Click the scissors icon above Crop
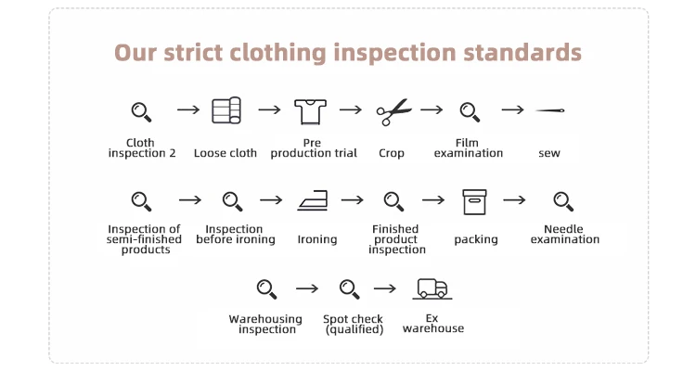393,112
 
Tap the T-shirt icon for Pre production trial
312,111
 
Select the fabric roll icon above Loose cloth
226,110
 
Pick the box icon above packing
474,201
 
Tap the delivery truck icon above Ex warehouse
432,289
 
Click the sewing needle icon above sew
550,111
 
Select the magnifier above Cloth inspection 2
141,112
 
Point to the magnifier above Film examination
470,112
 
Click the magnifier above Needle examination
563,201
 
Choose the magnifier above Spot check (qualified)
349,289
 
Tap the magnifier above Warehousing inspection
266,289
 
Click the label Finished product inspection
396,239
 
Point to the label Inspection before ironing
236,234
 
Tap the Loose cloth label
226,153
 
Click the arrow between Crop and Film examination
431,109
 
